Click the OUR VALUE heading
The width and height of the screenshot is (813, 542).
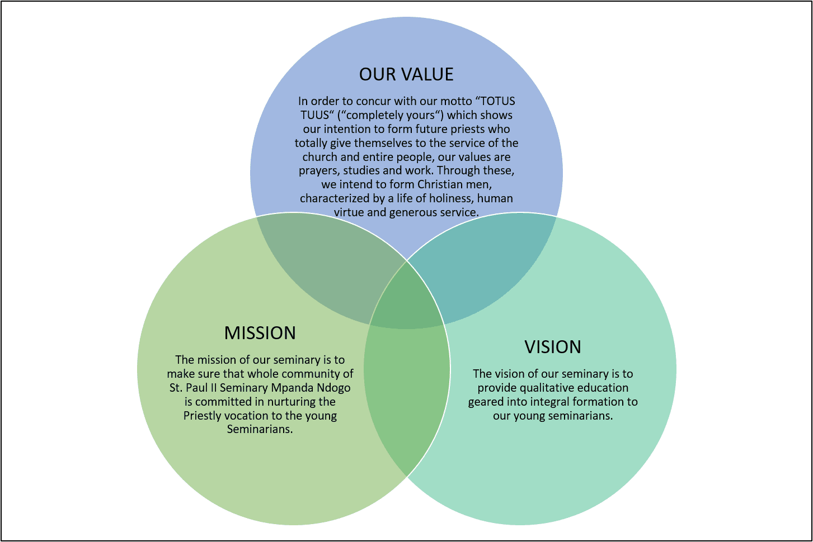coord(406,74)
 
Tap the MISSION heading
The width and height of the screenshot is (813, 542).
coord(260,333)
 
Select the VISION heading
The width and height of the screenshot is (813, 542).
coord(553,347)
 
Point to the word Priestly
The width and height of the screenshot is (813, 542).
coord(204,416)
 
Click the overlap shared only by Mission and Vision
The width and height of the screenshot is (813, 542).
coord(406,391)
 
